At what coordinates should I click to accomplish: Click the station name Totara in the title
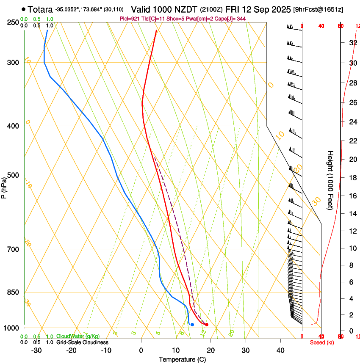click(x=40, y=9)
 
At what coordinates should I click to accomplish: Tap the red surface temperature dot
click(x=207, y=325)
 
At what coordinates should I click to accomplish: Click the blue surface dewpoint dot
click(x=192, y=325)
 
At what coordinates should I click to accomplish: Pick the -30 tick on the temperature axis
click(x=36, y=350)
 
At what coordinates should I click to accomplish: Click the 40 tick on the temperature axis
click(x=280, y=350)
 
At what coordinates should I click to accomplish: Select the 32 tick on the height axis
click(x=352, y=43)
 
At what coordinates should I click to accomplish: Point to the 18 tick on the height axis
click(x=352, y=178)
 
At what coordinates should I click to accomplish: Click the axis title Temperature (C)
click(x=182, y=359)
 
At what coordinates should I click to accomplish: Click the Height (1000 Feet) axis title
click(x=331, y=180)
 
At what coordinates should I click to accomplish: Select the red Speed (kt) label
click(x=322, y=342)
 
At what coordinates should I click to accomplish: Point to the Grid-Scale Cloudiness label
click(x=82, y=342)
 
